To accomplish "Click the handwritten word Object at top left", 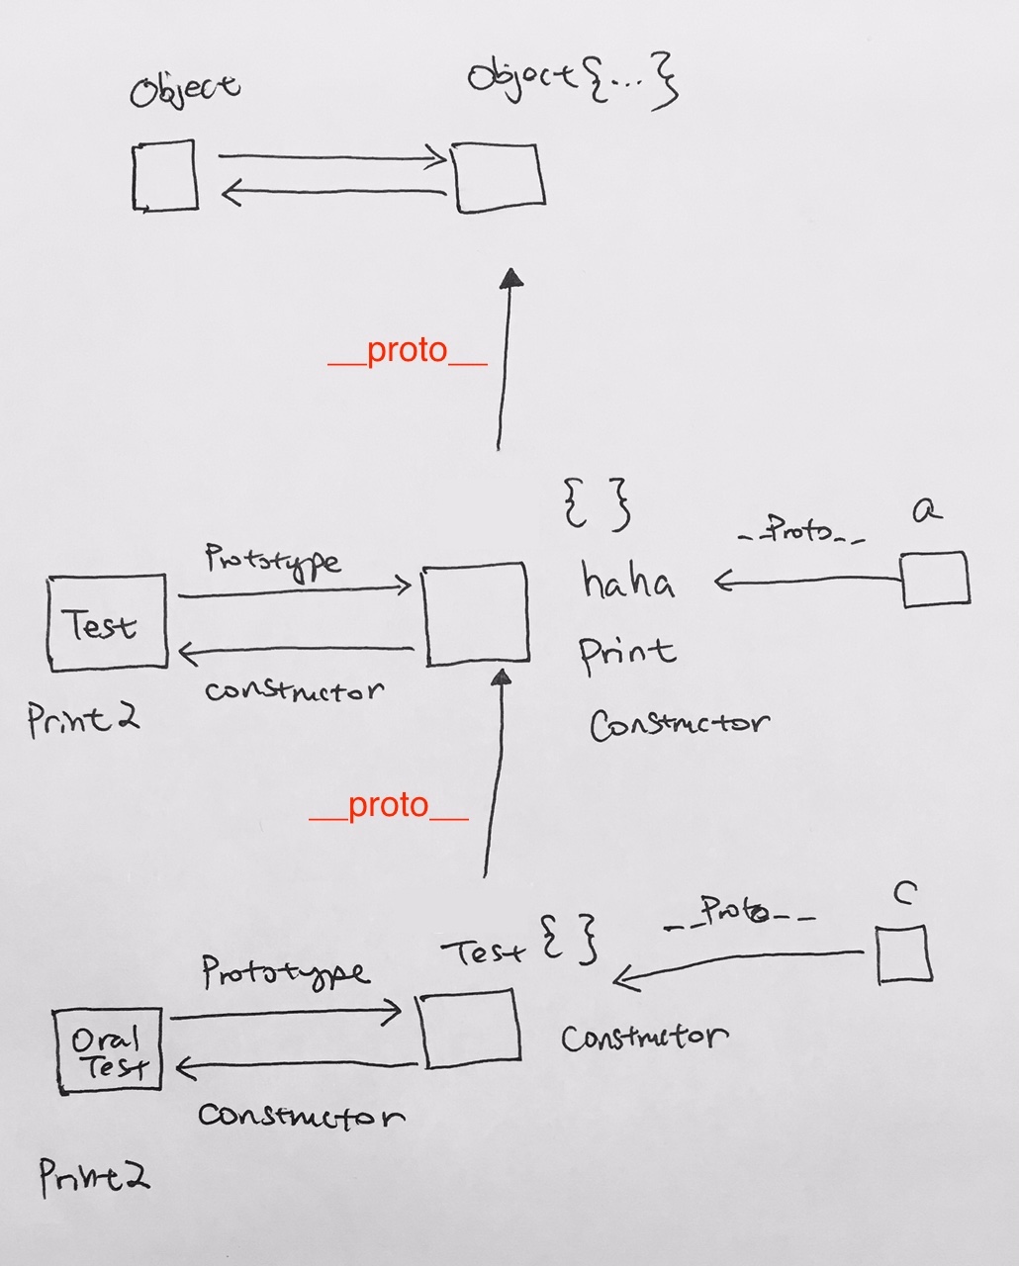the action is (x=184, y=90).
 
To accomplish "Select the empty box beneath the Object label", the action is (x=165, y=175).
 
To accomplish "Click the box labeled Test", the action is (x=108, y=622).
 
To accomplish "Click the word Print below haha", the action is (x=627, y=654).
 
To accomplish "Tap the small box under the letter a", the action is (x=936, y=579).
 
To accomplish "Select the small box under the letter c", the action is (x=904, y=954).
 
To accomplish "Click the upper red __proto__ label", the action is (x=408, y=351).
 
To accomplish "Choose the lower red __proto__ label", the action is (x=389, y=805).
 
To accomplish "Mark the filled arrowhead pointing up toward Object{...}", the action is (x=511, y=278).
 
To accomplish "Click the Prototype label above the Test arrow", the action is (x=272, y=561).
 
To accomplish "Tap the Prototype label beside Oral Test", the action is (x=286, y=973).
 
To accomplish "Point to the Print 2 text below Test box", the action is (x=83, y=720).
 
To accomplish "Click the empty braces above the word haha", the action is (x=597, y=504).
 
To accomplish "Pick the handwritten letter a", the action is (x=927, y=510).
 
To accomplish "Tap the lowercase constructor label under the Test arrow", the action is (x=295, y=691).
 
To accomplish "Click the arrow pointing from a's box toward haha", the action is (x=807, y=582).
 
